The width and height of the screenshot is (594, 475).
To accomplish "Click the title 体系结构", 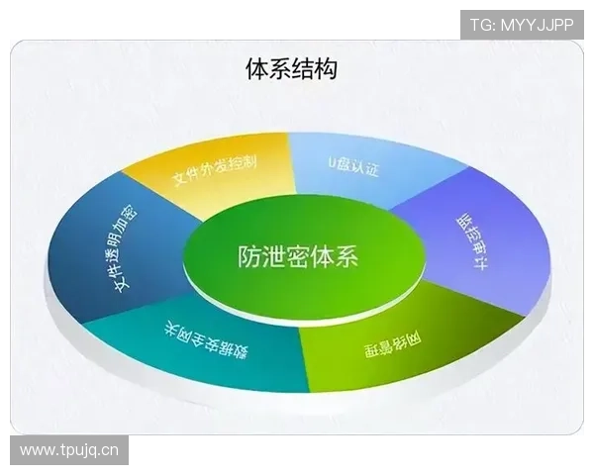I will point(291,69).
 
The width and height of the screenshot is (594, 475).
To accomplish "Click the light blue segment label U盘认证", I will point(353,163).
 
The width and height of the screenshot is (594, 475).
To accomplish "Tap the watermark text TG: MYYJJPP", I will point(522,24).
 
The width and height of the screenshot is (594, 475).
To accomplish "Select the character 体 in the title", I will point(256,69).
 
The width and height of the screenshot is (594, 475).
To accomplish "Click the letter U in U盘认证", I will point(332,158).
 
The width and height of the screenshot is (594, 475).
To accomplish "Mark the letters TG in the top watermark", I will point(479,24).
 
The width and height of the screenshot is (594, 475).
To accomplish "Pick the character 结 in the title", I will point(303,69).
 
